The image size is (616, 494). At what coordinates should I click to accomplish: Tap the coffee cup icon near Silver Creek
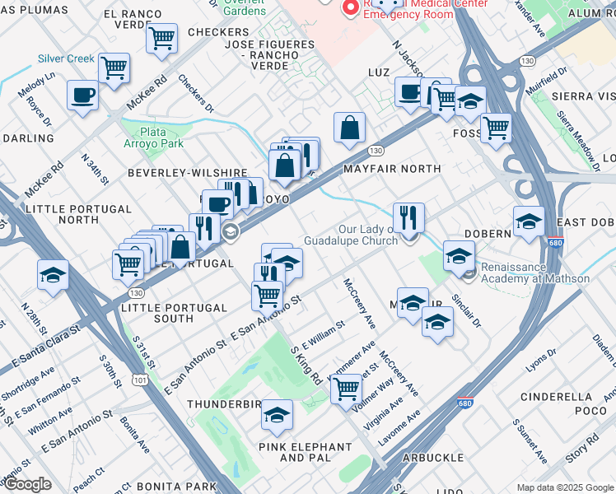tap(82, 96)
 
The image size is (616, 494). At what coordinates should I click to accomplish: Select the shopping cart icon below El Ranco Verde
tap(162, 37)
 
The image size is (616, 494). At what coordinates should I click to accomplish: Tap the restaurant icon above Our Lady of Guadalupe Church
tap(408, 218)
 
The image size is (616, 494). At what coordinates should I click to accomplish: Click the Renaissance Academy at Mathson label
tap(536, 273)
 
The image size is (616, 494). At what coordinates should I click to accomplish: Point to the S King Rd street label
tap(306, 365)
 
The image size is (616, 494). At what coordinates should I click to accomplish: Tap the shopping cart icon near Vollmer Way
tap(347, 387)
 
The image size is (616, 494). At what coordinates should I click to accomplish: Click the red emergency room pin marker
tap(351, 7)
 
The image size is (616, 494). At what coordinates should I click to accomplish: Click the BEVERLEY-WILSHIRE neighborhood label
tap(187, 173)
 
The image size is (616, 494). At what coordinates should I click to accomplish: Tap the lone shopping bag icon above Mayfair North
tap(350, 128)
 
